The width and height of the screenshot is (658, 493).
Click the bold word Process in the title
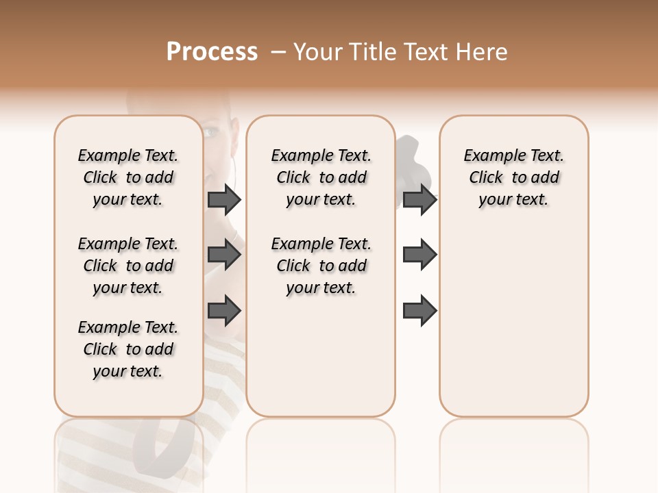click(x=212, y=52)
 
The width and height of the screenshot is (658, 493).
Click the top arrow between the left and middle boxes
click(x=224, y=199)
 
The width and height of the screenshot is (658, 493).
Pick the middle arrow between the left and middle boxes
click(x=224, y=255)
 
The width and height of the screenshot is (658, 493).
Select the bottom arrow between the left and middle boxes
click(x=224, y=312)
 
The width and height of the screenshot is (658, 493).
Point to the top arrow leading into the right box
click(x=419, y=199)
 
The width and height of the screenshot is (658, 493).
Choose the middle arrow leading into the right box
click(x=419, y=255)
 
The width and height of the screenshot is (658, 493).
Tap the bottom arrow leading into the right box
click(x=419, y=312)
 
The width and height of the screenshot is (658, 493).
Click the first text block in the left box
click(x=128, y=177)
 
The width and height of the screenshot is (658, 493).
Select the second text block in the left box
click(x=128, y=266)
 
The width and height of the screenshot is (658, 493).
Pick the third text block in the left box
click(x=128, y=349)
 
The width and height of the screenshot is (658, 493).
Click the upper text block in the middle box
click(x=321, y=177)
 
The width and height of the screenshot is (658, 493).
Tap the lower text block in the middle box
click(x=321, y=266)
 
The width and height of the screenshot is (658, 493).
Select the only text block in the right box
click(x=513, y=177)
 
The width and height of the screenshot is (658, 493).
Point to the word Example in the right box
click(x=489, y=156)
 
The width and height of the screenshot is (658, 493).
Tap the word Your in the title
click(x=315, y=52)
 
